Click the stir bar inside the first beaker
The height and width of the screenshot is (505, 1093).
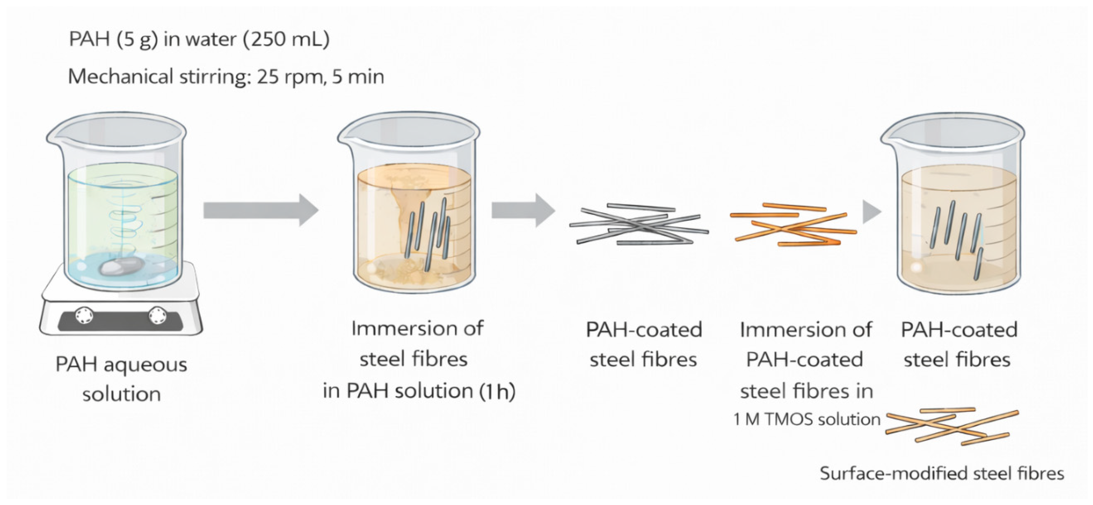pyautogui.click(x=121, y=266)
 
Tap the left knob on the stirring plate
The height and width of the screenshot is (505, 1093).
pyautogui.click(x=84, y=315)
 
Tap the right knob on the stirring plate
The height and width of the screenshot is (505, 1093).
pyautogui.click(x=157, y=315)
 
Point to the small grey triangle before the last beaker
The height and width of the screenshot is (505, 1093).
pyautogui.click(x=871, y=211)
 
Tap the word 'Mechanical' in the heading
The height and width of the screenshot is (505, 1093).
pyautogui.click(x=121, y=77)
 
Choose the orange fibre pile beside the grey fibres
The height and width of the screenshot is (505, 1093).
pyautogui.click(x=793, y=225)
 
